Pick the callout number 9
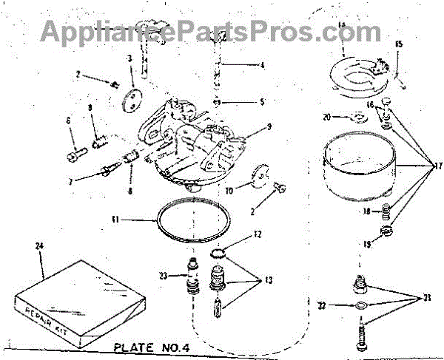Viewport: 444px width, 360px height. pos(269,126)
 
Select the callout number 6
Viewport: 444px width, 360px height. pos(69,120)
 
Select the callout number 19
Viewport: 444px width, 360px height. pos(346,242)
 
